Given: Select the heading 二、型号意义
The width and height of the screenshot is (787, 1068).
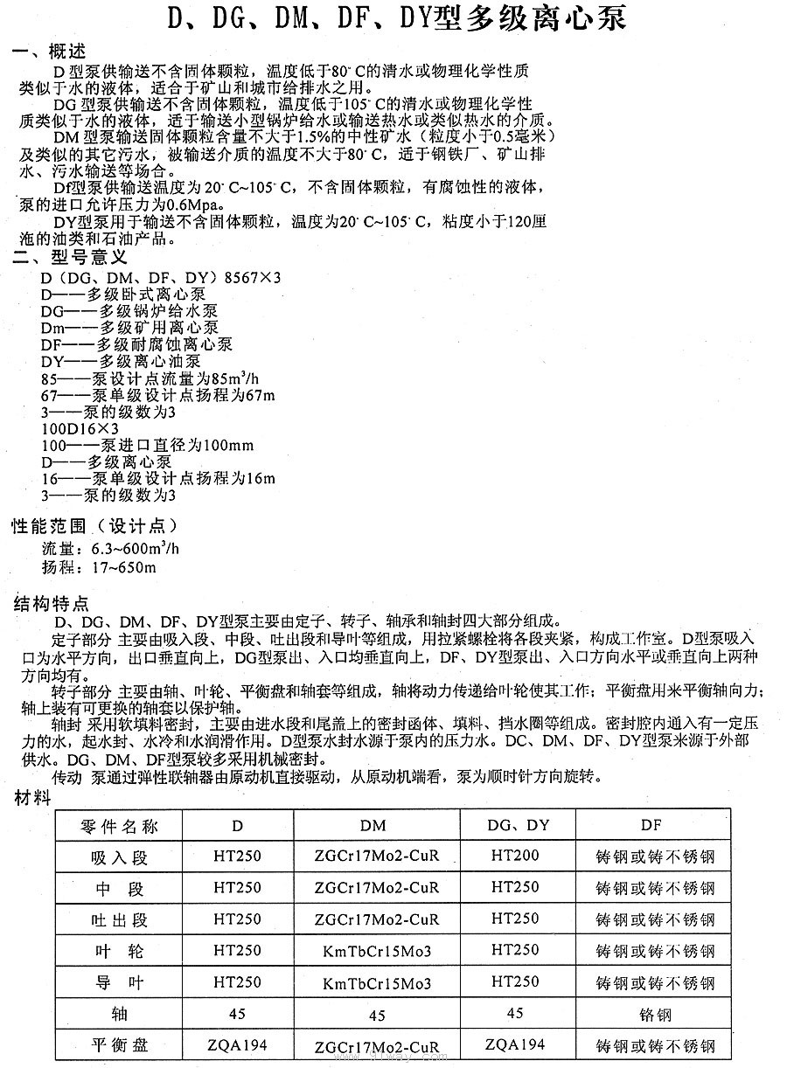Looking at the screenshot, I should coord(70,259).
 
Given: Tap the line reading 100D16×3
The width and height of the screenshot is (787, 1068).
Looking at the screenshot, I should coord(80,430).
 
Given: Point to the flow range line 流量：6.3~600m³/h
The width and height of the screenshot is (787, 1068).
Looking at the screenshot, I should coord(110,550).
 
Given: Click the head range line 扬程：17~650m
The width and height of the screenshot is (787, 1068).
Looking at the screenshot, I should coord(99,568).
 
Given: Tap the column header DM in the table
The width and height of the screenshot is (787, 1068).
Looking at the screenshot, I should coord(373,826).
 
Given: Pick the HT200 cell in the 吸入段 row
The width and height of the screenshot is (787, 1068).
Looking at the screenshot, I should coord(515,856).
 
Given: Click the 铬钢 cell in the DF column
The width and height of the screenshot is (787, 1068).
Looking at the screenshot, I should coord(652,1015).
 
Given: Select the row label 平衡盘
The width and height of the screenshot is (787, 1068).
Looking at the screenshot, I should coord(119,1044).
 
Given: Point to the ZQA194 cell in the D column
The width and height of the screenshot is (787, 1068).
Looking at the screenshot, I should coord(237,1044).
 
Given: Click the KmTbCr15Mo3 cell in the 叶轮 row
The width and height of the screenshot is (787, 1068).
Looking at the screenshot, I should coord(377,951).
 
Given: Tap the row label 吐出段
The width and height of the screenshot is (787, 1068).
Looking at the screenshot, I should coord(119,919).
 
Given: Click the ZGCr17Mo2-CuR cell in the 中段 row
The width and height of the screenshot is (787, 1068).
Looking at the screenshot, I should coord(377,888).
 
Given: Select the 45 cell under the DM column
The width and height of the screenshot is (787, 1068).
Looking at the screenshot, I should coord(377,1016).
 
